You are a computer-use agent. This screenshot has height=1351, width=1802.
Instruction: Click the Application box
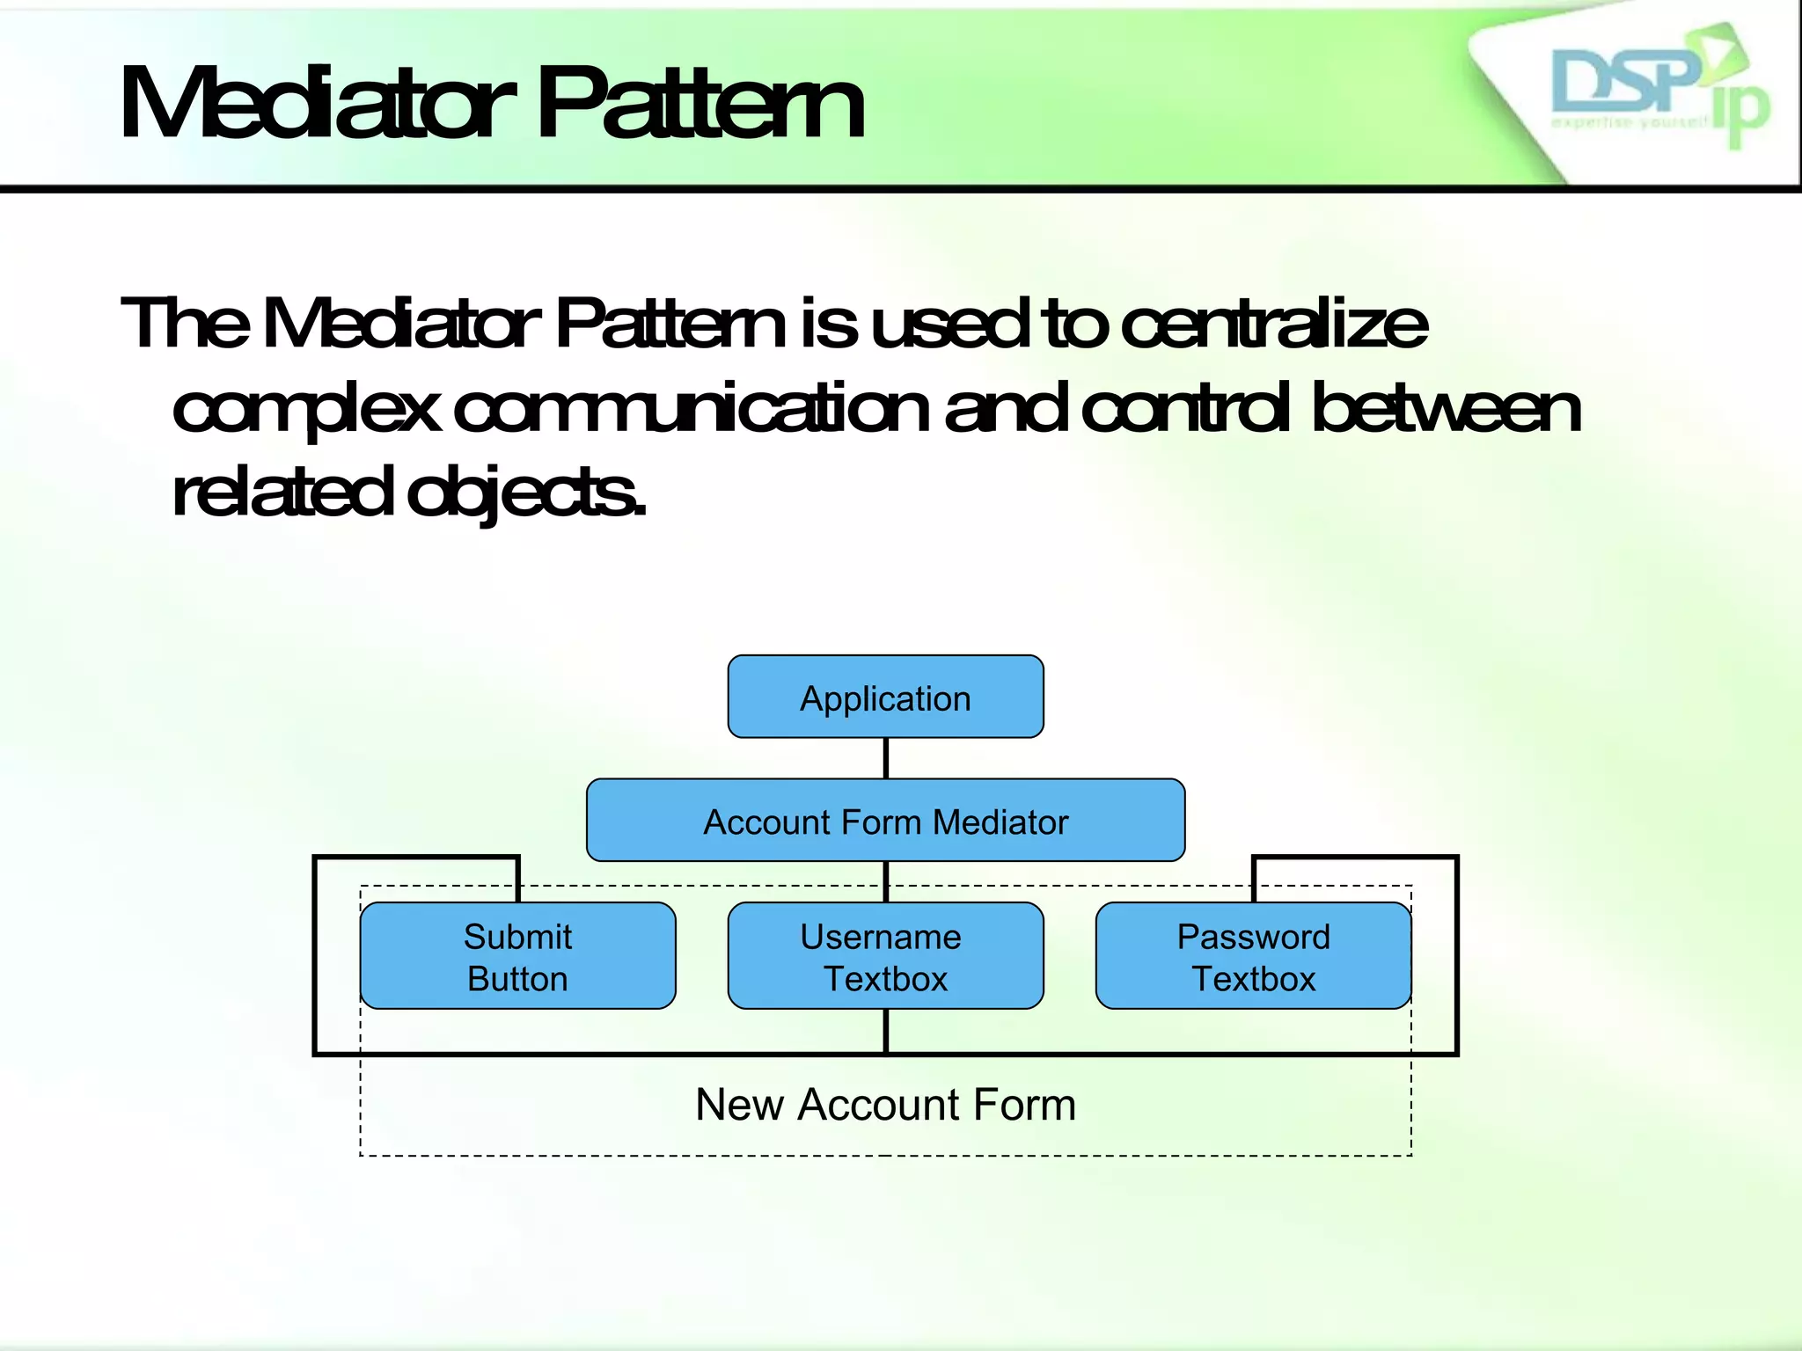[885, 697]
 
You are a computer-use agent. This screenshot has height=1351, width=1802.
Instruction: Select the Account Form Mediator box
[885, 820]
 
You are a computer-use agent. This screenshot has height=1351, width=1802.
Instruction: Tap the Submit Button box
[517, 956]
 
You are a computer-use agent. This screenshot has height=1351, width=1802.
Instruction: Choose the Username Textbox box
[885, 956]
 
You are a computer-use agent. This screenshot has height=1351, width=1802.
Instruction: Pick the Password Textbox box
[1253, 956]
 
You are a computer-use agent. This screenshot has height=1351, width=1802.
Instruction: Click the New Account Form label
[885, 1105]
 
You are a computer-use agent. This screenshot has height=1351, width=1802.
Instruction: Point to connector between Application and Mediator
[885, 758]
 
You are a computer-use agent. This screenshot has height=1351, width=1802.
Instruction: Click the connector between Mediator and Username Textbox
[885, 881]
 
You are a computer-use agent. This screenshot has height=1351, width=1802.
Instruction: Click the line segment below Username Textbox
[885, 1031]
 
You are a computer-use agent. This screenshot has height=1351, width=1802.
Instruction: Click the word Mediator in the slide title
[317, 106]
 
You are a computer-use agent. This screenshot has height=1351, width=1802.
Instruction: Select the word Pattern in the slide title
[700, 106]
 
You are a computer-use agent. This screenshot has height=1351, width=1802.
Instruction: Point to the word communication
[691, 408]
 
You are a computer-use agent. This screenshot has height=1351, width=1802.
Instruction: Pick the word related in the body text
[282, 493]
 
